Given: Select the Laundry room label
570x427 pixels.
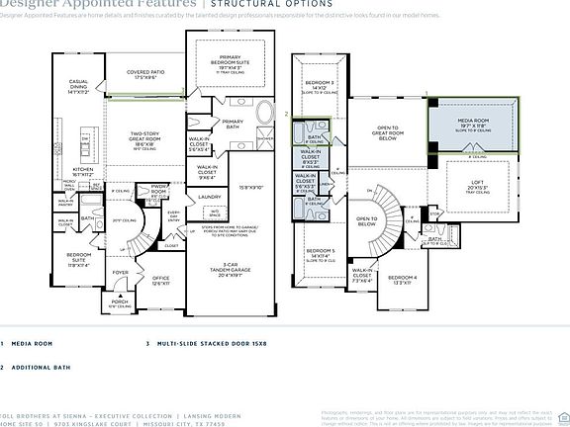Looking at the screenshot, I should (x=210, y=197).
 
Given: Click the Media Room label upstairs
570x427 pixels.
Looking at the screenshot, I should (x=473, y=124).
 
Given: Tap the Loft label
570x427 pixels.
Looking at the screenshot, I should (x=478, y=185).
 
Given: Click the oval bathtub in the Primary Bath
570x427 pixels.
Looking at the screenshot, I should (x=266, y=114).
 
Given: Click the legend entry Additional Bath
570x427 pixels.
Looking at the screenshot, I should (x=41, y=367).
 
